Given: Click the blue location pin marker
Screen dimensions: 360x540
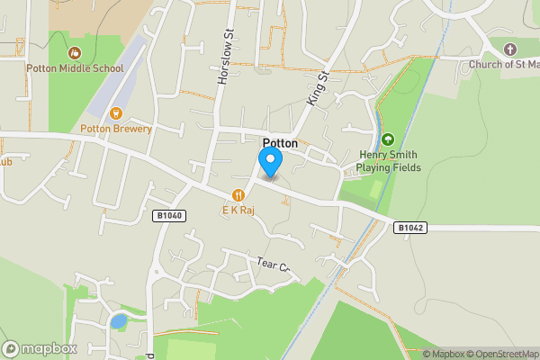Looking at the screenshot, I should (270, 161).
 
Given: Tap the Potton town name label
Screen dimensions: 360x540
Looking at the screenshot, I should (280, 143).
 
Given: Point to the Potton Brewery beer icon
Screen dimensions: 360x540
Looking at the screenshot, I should (115, 113).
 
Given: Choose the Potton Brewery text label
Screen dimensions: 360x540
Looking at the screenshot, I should (116, 129).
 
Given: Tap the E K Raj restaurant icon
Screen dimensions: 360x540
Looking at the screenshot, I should (238, 194).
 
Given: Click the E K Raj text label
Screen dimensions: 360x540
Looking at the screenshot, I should (238, 209).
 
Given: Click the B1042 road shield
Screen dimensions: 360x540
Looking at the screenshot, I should (409, 228).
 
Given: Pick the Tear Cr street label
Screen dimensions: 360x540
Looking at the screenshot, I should (275, 265).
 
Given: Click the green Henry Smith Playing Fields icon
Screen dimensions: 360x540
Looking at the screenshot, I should (387, 139).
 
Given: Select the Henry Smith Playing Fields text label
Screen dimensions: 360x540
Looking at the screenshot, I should (387, 160).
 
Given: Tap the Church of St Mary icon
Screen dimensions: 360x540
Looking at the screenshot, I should (510, 49).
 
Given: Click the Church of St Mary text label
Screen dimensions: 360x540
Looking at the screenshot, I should (504, 65).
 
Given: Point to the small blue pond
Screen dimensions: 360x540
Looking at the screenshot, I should (118, 320).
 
